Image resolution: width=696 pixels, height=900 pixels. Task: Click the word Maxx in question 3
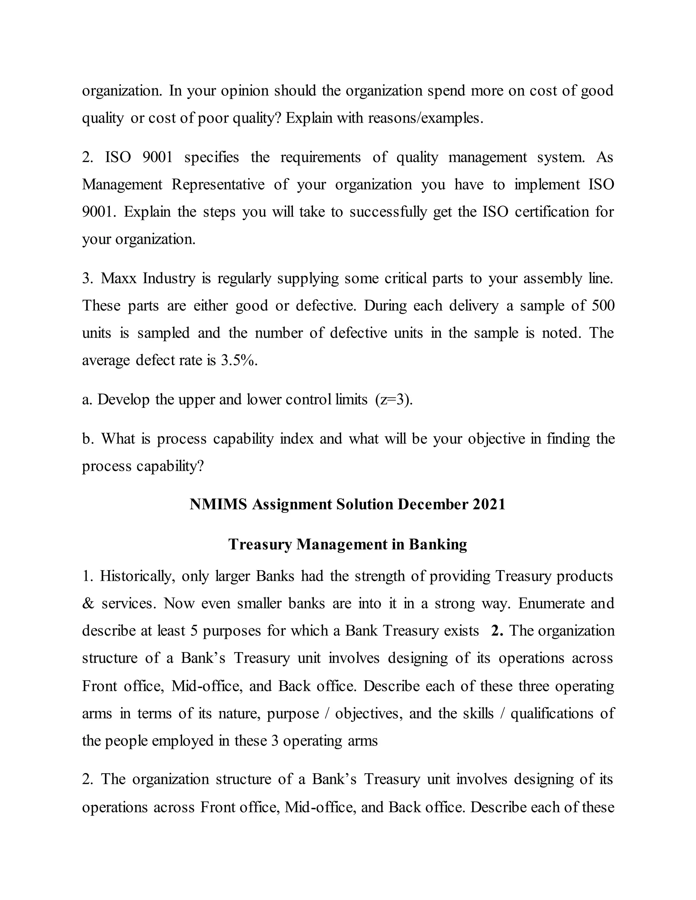(x=118, y=278)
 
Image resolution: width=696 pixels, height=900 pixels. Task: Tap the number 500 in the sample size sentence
(x=603, y=306)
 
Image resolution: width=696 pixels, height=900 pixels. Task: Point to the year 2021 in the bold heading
(x=489, y=504)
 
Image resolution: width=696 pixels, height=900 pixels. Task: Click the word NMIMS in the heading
(x=218, y=504)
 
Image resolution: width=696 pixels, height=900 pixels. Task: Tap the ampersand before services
(x=87, y=603)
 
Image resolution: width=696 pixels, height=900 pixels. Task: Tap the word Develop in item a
(x=123, y=399)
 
